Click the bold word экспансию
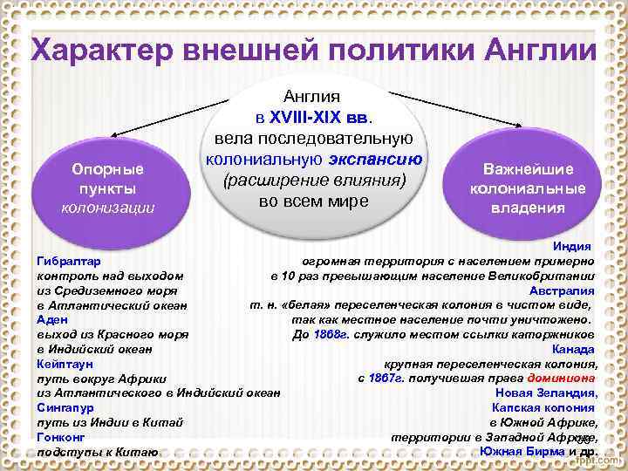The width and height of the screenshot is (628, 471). click(377, 160)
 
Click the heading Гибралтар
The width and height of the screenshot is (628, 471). click(68, 261)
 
